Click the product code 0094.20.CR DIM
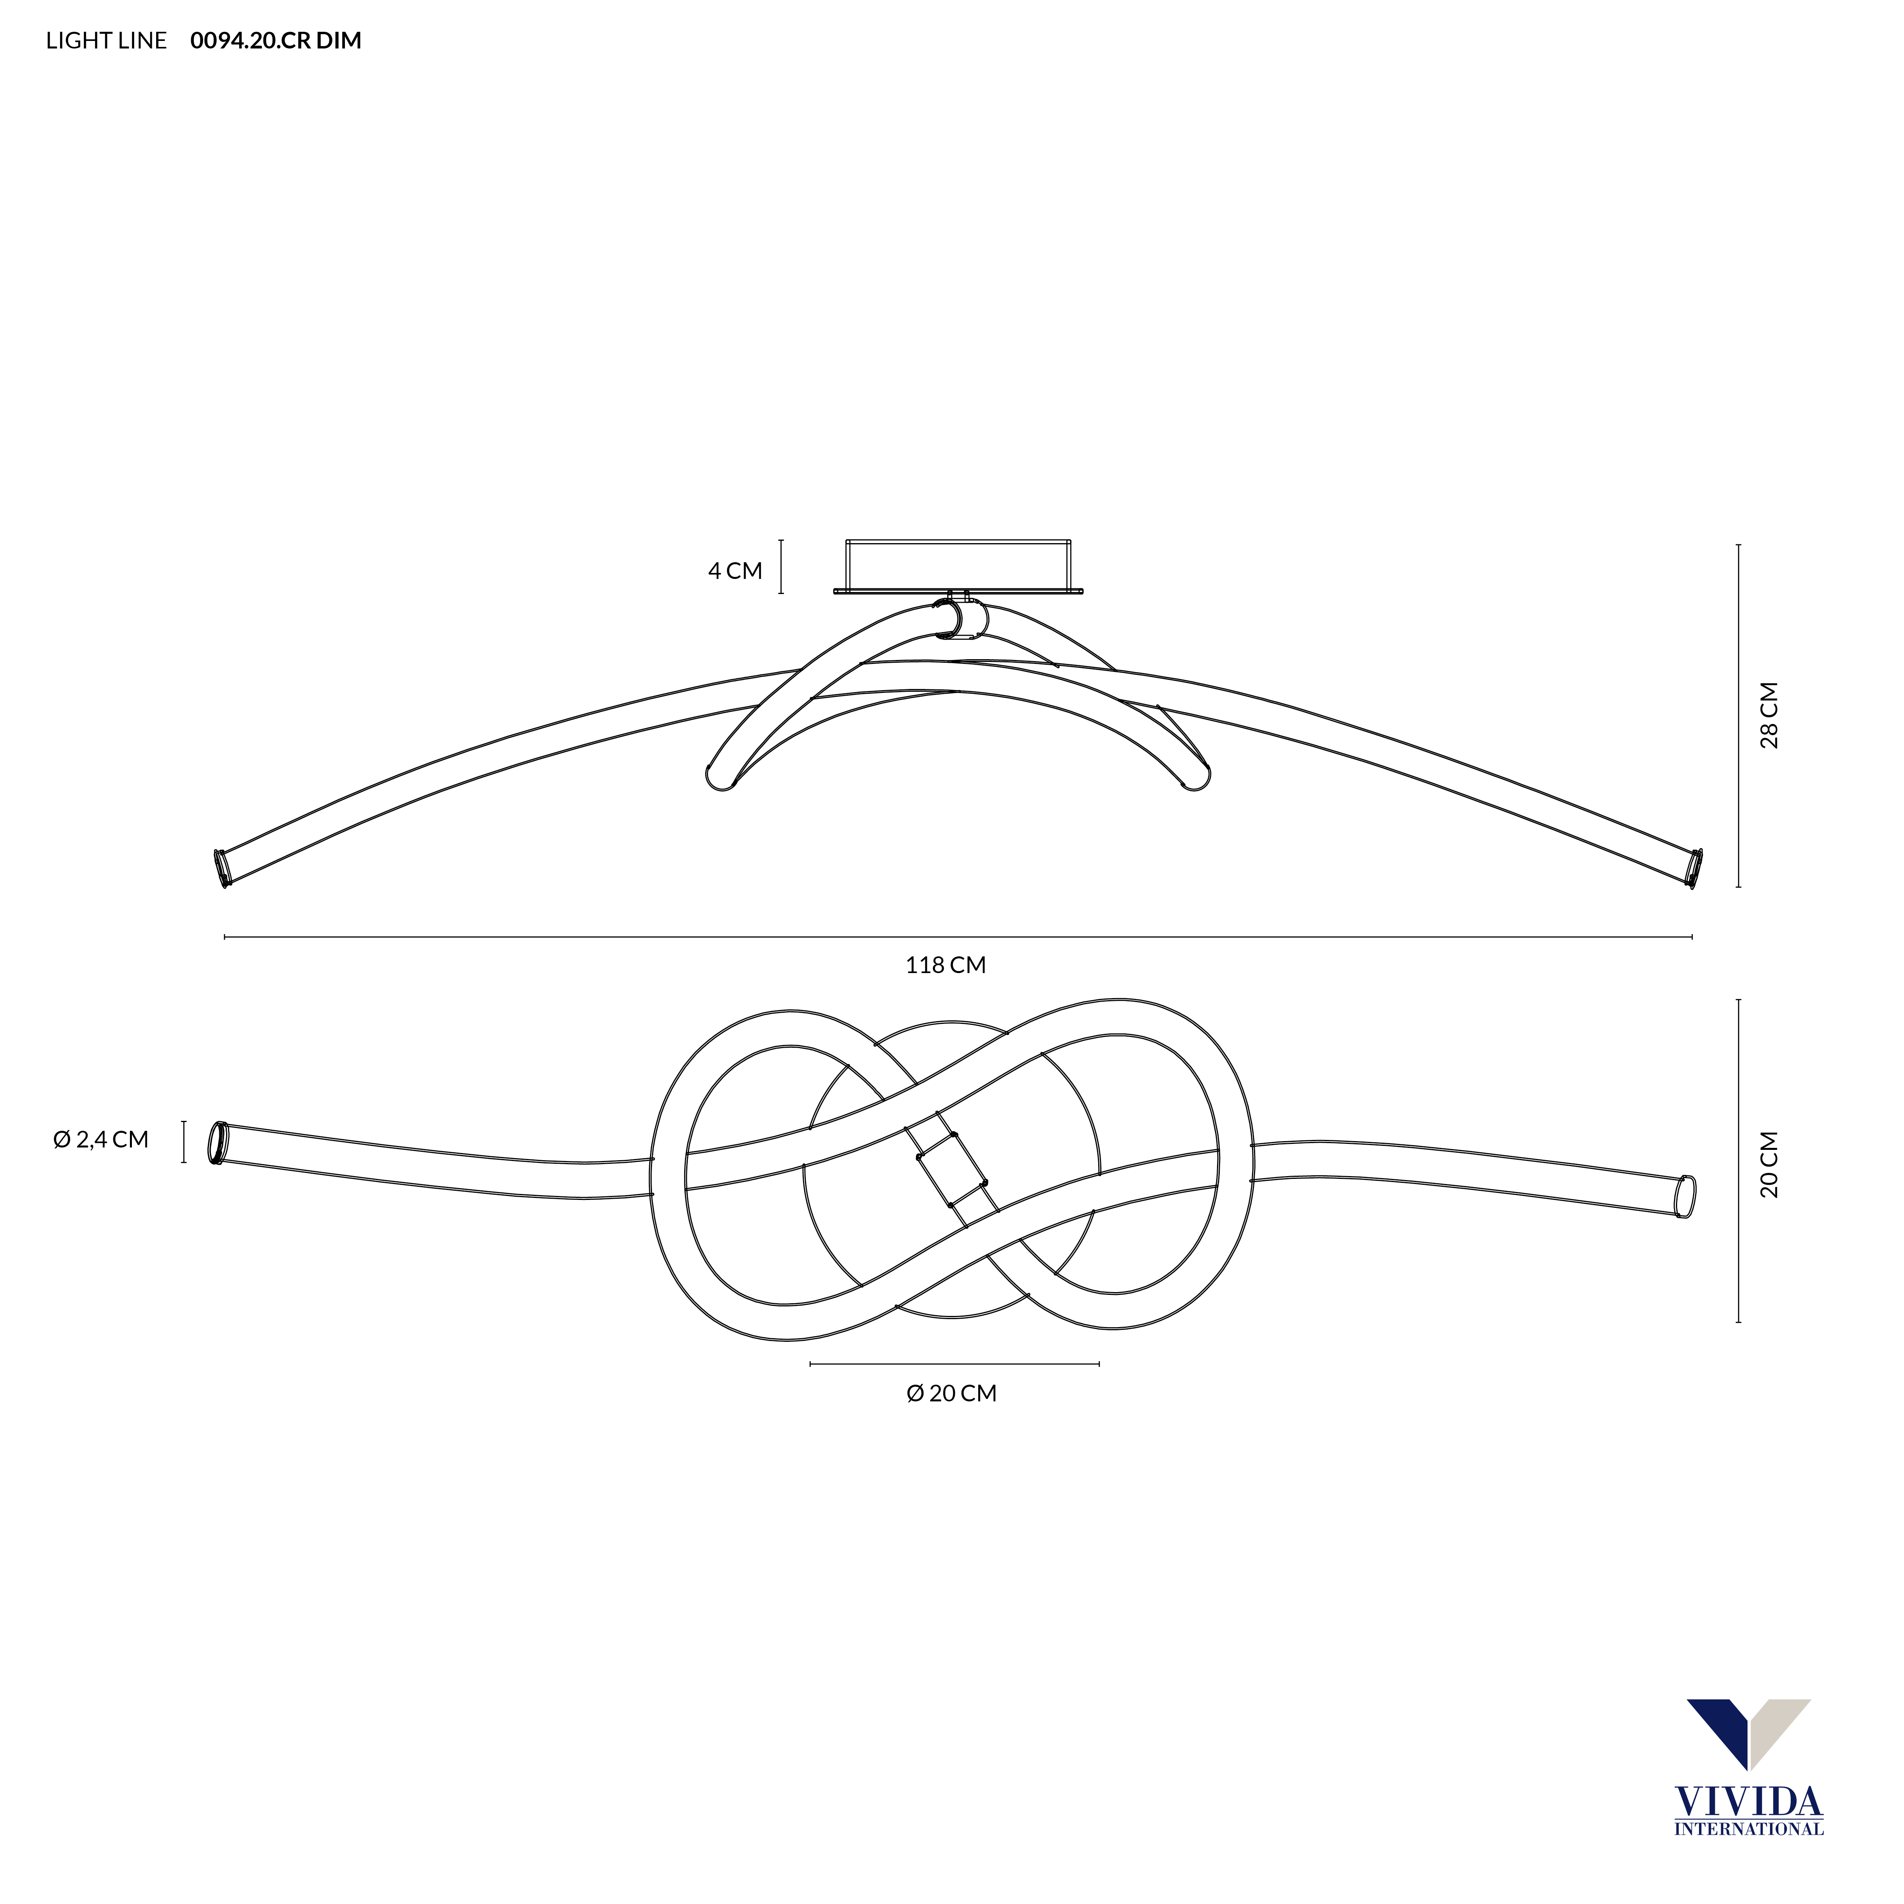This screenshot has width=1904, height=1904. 276,41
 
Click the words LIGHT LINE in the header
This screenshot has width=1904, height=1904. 106,41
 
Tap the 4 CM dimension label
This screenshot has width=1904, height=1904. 735,571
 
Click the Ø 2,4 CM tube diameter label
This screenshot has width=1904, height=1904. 101,1139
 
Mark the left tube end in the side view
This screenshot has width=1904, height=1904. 224,867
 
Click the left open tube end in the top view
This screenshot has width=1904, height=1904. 216,1143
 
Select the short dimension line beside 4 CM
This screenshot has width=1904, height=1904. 782,567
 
